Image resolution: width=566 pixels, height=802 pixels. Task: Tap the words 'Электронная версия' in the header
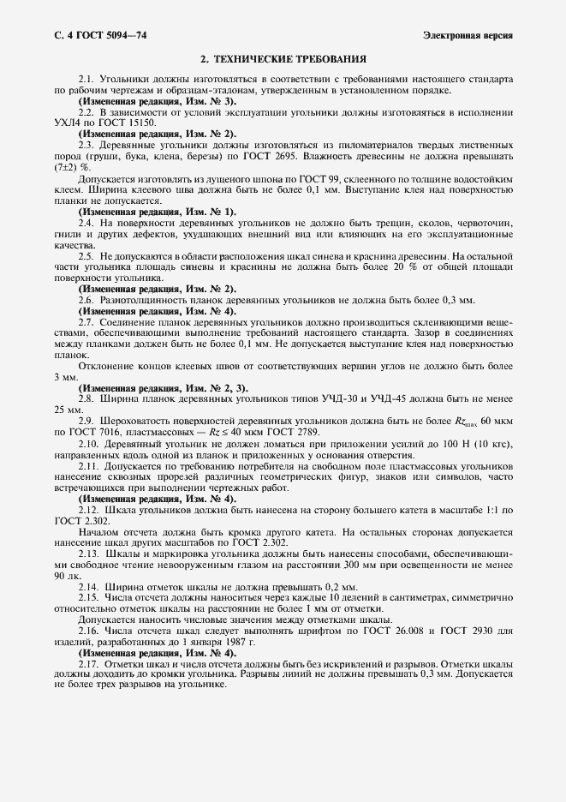468,35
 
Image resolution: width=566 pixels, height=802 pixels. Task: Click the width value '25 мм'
65,410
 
